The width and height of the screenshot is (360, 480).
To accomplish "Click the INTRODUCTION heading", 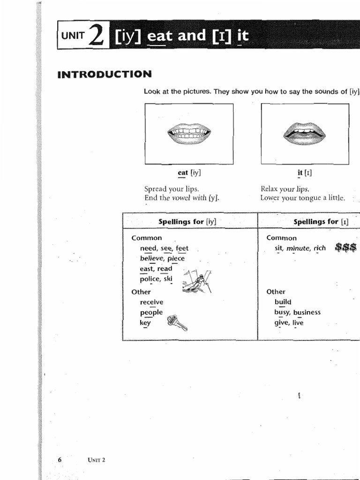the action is coord(105,74).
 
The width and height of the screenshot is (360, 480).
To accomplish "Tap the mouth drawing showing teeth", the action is coord(189,134).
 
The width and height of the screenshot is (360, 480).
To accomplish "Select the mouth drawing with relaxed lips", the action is coord(304,134).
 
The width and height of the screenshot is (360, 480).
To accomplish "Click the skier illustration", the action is coord(197,282).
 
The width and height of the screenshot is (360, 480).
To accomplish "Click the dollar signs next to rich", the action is coord(346,247).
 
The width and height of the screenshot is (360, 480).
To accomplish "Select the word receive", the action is coord(151,302).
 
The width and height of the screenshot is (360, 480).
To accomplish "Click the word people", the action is coord(151,313).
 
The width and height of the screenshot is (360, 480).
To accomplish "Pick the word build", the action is coord(283,302).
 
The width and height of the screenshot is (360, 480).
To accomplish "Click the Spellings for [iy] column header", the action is coord(187,221).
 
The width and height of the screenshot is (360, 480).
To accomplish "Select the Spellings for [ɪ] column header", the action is coord(321,221).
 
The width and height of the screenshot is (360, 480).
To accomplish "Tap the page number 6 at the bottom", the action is coord(60,459).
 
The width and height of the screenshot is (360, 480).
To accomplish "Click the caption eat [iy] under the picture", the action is coord(189,172).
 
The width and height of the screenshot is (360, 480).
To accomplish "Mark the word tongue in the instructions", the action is coord(309,198).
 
